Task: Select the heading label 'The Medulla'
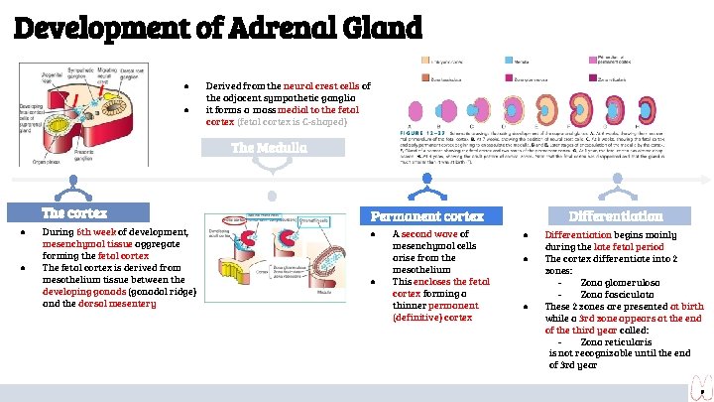tap(269, 148)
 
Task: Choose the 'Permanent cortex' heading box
tap(427, 215)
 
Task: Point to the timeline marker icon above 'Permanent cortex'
tap(427, 182)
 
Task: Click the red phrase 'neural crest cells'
tap(321, 87)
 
